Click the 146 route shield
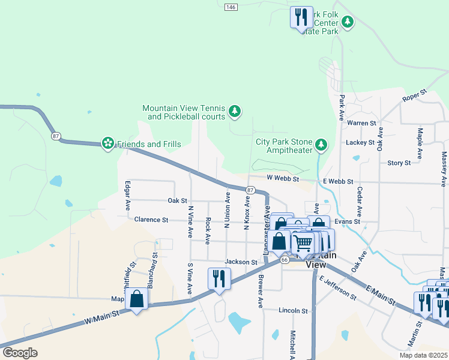click(231, 7)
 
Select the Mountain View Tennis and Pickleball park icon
click(235, 112)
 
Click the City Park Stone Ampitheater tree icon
click(322, 145)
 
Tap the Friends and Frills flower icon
click(108, 143)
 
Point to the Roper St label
click(414, 95)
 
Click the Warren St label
click(361, 123)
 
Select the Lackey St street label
click(360, 143)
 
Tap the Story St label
click(399, 163)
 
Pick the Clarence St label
click(151, 220)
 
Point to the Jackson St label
click(241, 262)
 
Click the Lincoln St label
click(293, 311)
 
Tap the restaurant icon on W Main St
click(218, 278)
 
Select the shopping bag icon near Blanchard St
click(137, 298)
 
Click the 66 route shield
click(285, 259)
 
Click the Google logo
click(20, 352)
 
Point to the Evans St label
click(347, 221)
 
